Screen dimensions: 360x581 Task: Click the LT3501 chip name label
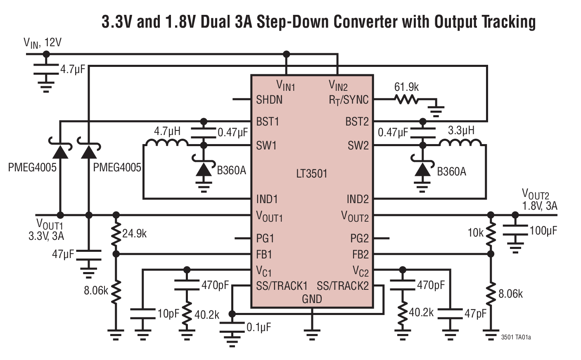(x=311, y=173)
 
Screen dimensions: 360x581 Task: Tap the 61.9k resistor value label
(x=406, y=87)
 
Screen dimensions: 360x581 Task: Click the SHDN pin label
(x=269, y=99)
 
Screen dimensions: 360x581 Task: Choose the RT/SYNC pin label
(x=349, y=100)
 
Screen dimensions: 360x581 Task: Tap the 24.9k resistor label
(x=135, y=234)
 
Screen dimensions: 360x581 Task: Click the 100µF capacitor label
(x=543, y=231)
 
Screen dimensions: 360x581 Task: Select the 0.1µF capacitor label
(x=258, y=327)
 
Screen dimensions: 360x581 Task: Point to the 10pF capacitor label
(x=168, y=314)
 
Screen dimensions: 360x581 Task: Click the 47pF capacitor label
(x=475, y=314)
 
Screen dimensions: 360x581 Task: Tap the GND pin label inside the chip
(x=312, y=299)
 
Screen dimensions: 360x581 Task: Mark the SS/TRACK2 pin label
(x=343, y=286)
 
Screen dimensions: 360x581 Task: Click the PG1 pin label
(x=265, y=239)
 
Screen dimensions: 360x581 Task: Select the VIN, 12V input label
(x=42, y=43)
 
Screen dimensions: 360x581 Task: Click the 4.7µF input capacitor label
(x=72, y=69)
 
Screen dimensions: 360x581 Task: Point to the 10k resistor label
(x=475, y=233)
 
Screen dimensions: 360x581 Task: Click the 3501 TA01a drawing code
(x=516, y=337)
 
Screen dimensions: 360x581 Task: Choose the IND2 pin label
(x=357, y=199)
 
